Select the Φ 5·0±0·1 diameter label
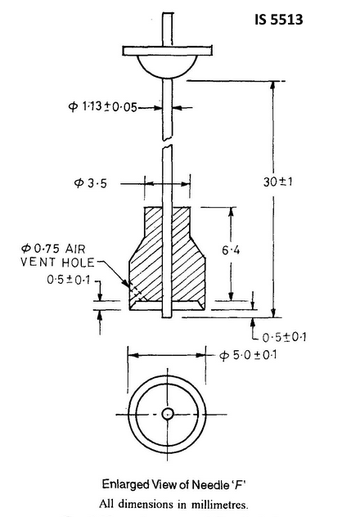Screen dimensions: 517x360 tap(252, 355)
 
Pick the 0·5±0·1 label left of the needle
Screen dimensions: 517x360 tap(69, 279)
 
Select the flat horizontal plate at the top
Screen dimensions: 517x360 tap(168, 52)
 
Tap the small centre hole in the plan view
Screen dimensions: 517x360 tap(168, 414)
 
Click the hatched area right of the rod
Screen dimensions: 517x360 tap(189, 254)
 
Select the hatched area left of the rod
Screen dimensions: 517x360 tap(150, 254)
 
